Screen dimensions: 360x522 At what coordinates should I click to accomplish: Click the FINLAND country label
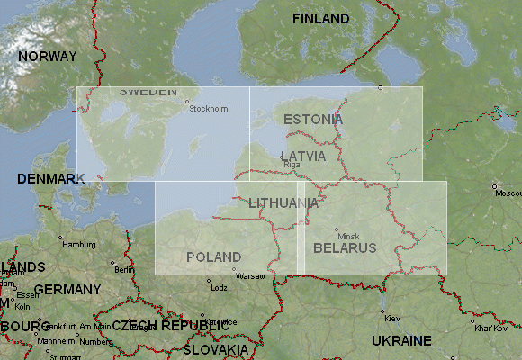[321, 19]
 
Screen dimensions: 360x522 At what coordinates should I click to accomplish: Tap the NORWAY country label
[48, 56]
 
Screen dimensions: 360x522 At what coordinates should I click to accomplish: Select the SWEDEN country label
[148, 92]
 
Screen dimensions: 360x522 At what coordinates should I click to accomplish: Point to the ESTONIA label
[312, 119]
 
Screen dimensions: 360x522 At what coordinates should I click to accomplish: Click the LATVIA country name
[302, 156]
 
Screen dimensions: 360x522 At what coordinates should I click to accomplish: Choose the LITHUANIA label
[283, 202]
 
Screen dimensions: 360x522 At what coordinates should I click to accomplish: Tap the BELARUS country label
[345, 247]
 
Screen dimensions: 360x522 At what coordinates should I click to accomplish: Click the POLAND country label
[214, 256]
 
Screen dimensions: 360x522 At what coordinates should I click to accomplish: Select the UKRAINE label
[401, 340]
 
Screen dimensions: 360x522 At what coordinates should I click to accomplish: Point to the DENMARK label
[50, 179]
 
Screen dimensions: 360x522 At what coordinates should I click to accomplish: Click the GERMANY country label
[67, 290]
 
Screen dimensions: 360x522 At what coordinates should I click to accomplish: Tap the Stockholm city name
[209, 109]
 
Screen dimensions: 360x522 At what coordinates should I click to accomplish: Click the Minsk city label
[348, 236]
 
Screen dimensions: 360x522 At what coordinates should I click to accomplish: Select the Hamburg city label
[78, 244]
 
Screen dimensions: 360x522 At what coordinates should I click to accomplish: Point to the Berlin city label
[124, 269]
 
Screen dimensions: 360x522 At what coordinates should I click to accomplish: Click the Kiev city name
[392, 318]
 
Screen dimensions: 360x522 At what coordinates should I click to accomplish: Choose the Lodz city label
[218, 288]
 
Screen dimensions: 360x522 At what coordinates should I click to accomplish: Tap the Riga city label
[292, 166]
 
